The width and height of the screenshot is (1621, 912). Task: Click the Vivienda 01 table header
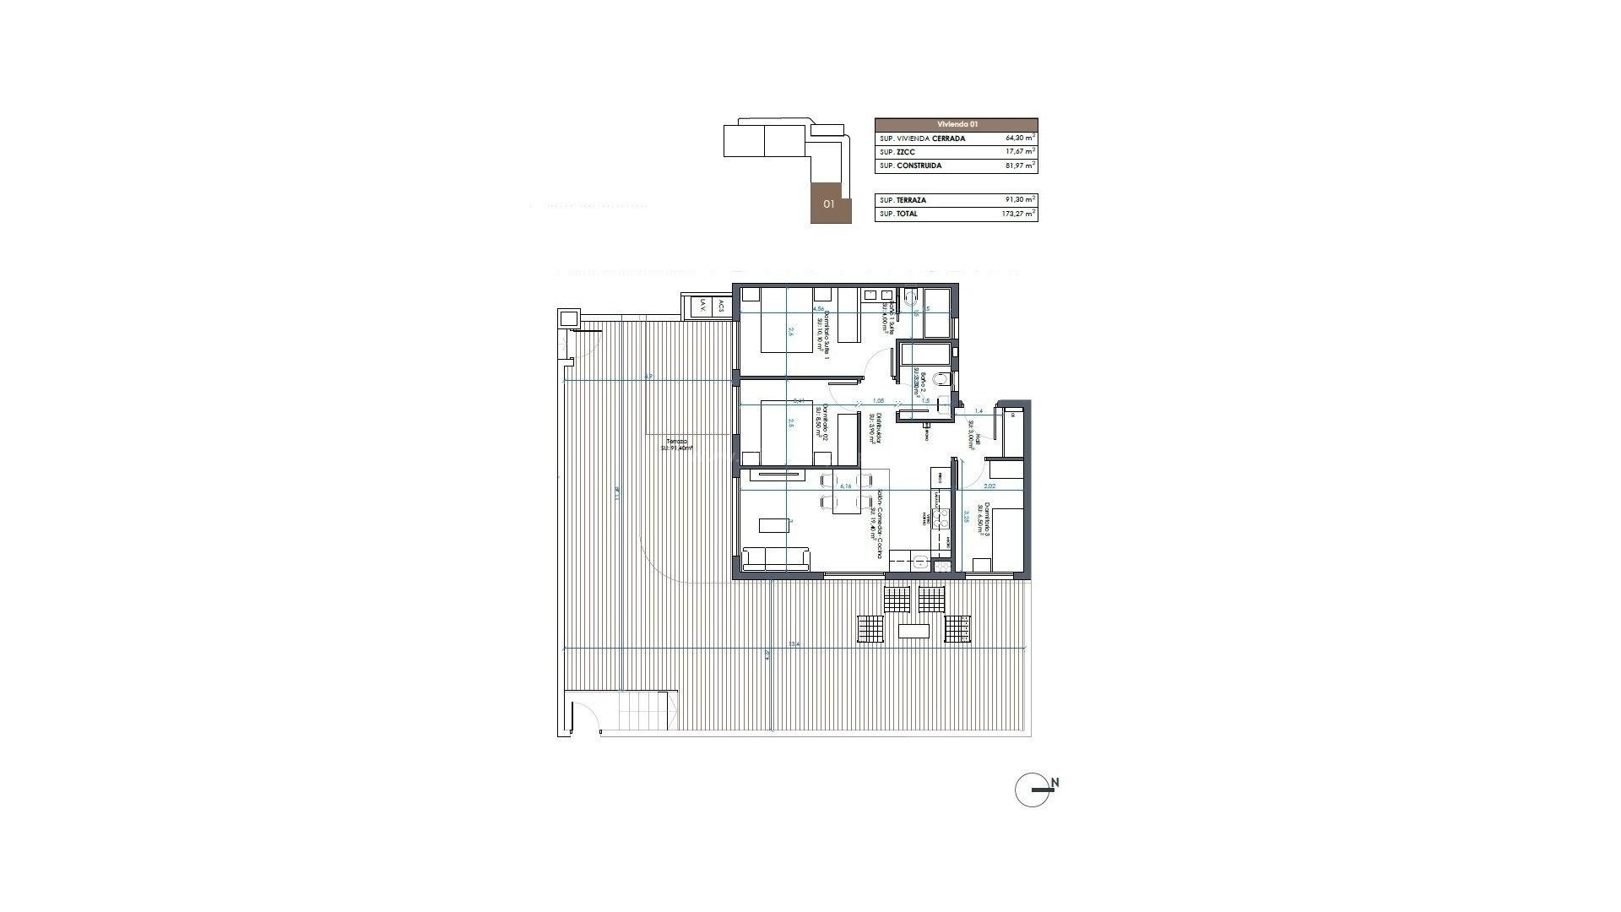pyautogui.click(x=956, y=123)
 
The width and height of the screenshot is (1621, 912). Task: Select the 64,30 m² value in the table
pyautogui.click(x=1020, y=138)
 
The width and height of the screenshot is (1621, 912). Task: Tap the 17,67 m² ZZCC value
pyautogui.click(x=1020, y=152)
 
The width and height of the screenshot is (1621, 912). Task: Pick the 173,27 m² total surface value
pyautogui.click(x=1018, y=214)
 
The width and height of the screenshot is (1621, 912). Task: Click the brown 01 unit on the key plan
pyautogui.click(x=830, y=204)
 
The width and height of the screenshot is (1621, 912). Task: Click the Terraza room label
pyautogui.click(x=676, y=442)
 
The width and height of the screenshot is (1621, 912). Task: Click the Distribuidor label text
pyautogui.click(x=876, y=427)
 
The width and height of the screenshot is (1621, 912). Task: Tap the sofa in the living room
pyautogui.click(x=776, y=558)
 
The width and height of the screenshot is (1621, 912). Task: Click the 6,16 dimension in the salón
pyautogui.click(x=255, y=486)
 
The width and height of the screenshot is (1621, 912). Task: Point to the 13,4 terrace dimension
pyautogui.click(x=794, y=644)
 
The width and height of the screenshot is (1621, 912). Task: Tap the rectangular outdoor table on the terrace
pyautogui.click(x=914, y=631)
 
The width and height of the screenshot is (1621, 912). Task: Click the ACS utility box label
pyautogui.click(x=720, y=307)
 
